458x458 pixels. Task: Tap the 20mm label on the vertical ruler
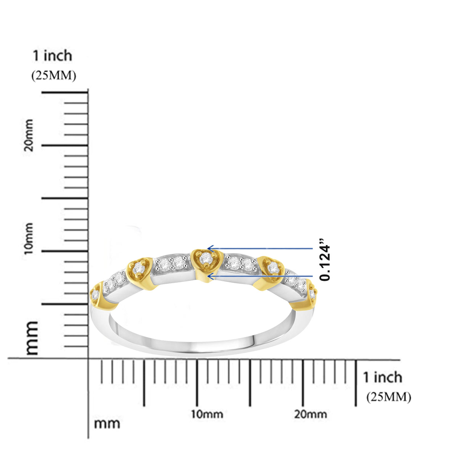pos(28,135)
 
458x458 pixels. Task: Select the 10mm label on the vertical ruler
pos(28,239)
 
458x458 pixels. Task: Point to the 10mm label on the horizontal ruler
pos(207,414)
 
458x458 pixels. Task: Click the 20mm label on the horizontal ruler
pos(310,414)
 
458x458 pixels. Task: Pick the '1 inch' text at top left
pos(52,56)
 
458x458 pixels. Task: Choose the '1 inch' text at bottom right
pos(382,377)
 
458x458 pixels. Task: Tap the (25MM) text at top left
pos(53,76)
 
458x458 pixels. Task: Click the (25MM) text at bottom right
pos(389,397)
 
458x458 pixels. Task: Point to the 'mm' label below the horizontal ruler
pos(107,423)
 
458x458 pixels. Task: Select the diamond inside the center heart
pos(206,258)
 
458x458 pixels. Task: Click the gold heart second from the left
pos(138,270)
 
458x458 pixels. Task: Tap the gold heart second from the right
pos(272,269)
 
